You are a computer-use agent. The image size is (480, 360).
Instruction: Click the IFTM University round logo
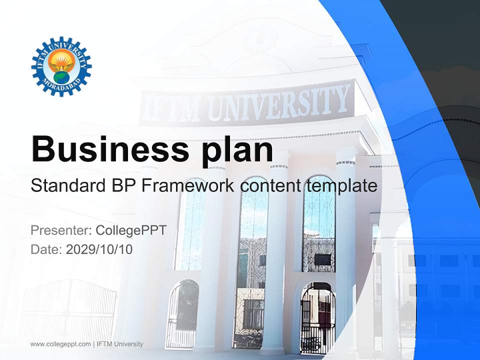click(61, 66)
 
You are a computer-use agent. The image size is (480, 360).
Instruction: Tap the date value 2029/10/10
click(99, 249)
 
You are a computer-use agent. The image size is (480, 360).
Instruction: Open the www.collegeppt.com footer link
click(60, 344)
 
